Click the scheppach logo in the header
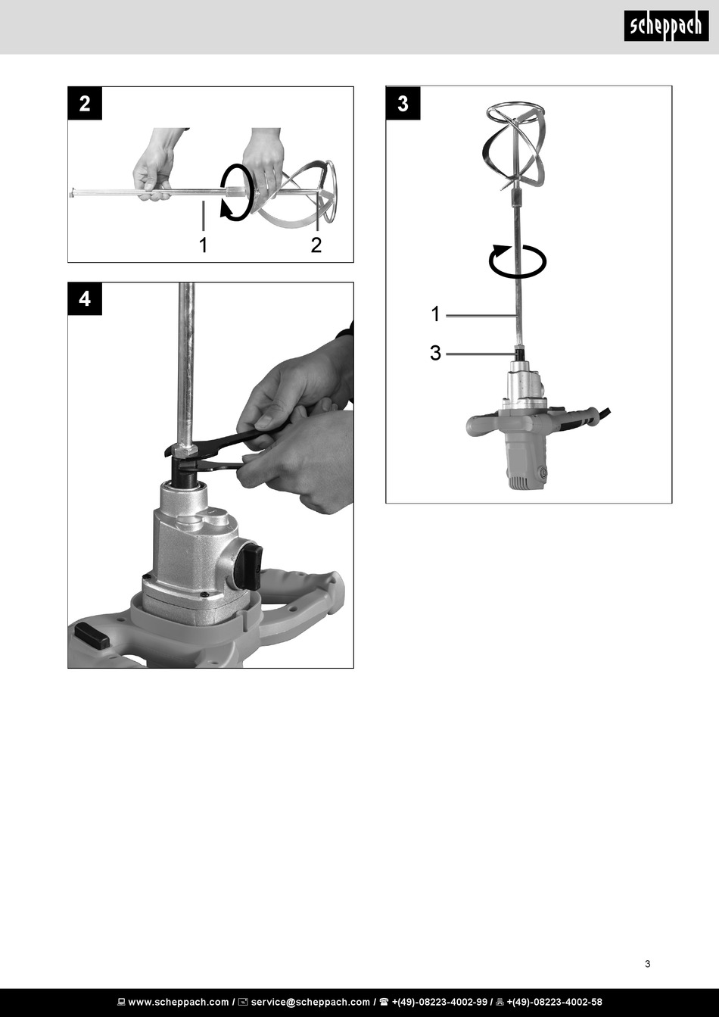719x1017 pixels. pyautogui.click(x=666, y=26)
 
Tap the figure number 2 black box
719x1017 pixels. pyautogui.click(x=85, y=104)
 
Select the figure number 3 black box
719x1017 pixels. pyautogui.click(x=403, y=103)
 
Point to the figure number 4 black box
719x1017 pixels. pyautogui.click(x=85, y=299)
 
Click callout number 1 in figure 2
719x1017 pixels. pyautogui.click(x=204, y=245)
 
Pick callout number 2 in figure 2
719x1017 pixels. pyautogui.click(x=316, y=245)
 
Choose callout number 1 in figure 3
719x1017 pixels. pyautogui.click(x=435, y=314)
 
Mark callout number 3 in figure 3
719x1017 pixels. pyautogui.click(x=435, y=353)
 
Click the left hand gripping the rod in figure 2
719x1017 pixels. pyautogui.click(x=154, y=165)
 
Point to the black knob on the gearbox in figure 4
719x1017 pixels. pyautogui.click(x=247, y=567)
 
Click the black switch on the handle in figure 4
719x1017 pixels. pyautogui.click(x=92, y=635)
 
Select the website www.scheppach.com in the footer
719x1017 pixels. pyautogui.click(x=179, y=1002)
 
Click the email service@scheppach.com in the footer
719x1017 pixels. pyautogui.click(x=310, y=1002)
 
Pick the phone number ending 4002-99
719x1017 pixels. pyautogui.click(x=440, y=1002)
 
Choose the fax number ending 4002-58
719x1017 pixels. pyautogui.click(x=554, y=1002)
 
